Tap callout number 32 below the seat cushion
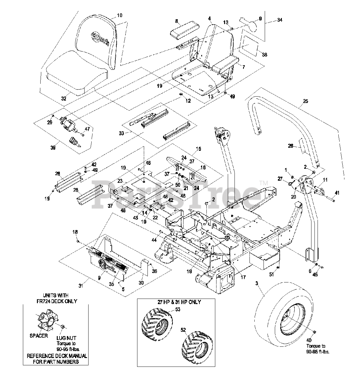click(x=63, y=98)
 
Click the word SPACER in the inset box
click(x=39, y=336)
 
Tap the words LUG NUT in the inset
click(x=66, y=338)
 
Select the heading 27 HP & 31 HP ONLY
click(x=177, y=302)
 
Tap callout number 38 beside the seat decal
click(x=264, y=55)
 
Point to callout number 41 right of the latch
click(x=337, y=193)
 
